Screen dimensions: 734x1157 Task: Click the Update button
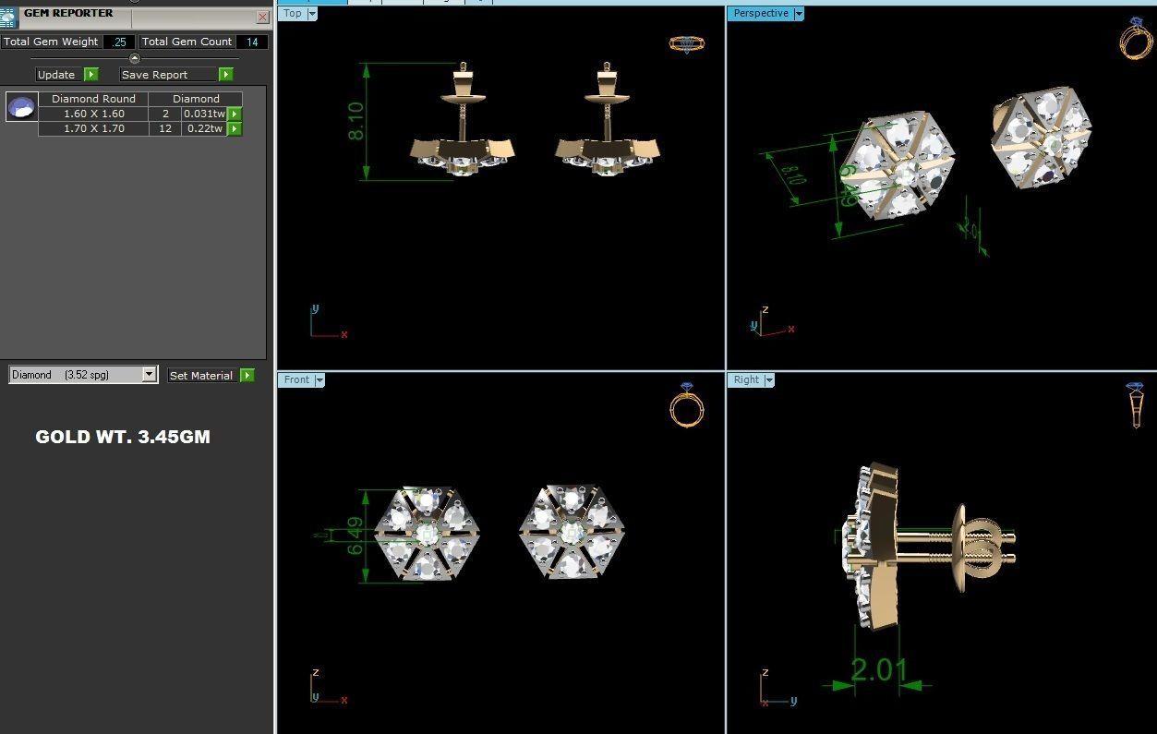[x=56, y=75]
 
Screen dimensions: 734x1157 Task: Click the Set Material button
[x=201, y=376]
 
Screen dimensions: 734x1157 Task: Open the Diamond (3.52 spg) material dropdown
[x=149, y=375]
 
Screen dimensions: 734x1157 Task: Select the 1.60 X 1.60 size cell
[x=93, y=114]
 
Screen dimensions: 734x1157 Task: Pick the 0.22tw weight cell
[x=203, y=128]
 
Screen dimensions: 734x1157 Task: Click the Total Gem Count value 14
[x=252, y=42]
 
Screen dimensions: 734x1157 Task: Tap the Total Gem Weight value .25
[x=119, y=42]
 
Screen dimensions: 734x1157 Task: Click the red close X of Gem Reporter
[x=262, y=17]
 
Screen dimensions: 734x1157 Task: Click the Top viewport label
[x=293, y=13]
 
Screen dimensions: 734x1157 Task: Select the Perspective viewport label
[x=761, y=13]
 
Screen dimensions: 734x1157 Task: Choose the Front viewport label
[x=296, y=379]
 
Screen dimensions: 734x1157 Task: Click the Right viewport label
[x=746, y=379]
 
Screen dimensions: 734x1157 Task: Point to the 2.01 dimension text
[x=878, y=669]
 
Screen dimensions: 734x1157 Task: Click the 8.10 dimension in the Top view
[x=356, y=121]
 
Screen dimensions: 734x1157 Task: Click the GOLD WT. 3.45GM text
[x=123, y=437]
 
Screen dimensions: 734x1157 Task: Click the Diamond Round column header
[x=93, y=99]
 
